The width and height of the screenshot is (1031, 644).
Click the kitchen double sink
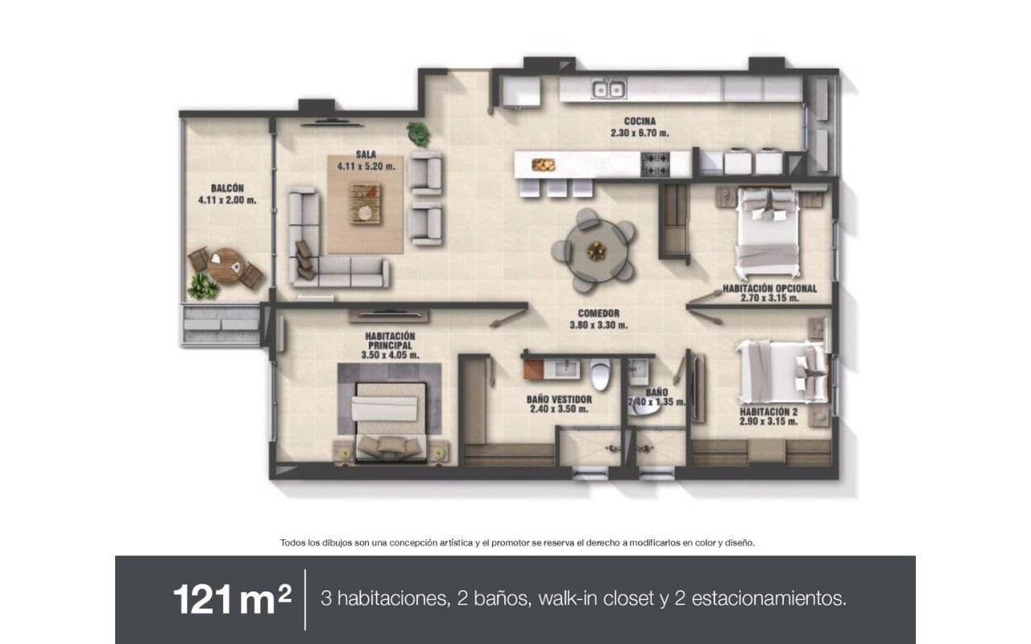608,89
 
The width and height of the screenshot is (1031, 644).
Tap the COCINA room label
640,122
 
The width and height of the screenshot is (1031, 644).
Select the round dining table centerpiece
597,251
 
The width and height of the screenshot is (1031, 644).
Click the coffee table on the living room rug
365,204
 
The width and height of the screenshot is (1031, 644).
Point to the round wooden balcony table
225,266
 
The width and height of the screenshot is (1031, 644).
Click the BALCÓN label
227,188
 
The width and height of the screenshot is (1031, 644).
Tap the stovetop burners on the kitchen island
656,165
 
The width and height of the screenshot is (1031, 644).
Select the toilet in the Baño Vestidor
601,374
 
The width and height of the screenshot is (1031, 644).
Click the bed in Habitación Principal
391,420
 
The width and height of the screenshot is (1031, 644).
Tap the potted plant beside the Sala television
419,134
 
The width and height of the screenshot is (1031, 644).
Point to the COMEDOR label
598,314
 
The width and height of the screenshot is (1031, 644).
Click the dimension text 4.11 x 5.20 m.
366,167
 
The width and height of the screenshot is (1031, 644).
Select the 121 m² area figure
233,600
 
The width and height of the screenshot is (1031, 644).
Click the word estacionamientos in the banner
768,598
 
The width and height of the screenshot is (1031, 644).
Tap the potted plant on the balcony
202,286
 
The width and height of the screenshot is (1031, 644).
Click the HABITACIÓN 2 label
768,411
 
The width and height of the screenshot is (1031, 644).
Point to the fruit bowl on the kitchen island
543,164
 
